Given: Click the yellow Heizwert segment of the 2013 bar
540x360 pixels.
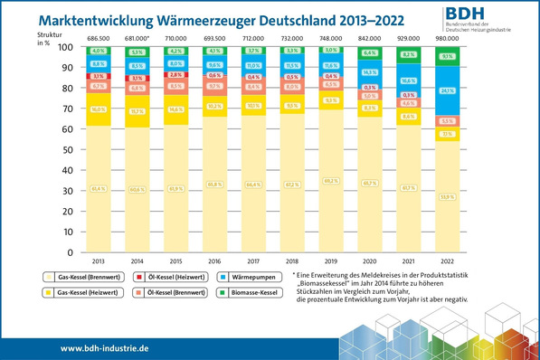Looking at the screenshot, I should pos(99,109).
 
